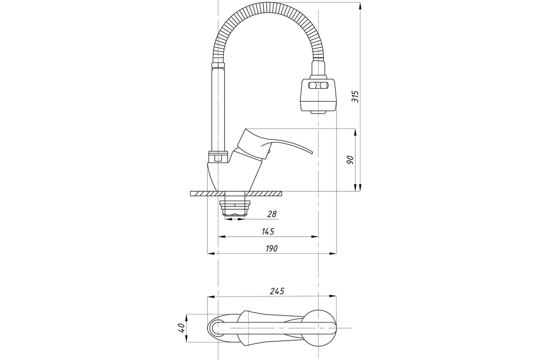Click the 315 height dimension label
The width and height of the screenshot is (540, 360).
coord(355,97)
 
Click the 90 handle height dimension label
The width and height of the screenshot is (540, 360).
coord(350,160)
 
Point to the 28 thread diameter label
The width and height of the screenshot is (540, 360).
coord(272,214)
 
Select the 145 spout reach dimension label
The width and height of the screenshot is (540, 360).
coord(268,231)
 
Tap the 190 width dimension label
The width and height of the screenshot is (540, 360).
coord(272,248)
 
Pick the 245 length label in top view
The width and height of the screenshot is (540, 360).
coord(277,291)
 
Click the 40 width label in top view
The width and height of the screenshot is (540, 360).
coord(182,328)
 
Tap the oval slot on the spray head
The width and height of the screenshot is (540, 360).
coord(318,85)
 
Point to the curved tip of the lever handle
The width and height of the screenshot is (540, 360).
coord(312,153)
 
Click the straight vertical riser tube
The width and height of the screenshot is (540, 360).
coord(218,109)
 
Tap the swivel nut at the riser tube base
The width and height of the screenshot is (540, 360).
coord(218,156)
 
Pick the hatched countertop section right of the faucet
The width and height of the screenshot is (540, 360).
coord(264,193)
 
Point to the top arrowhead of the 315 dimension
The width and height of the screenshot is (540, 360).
coord(360,6)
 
